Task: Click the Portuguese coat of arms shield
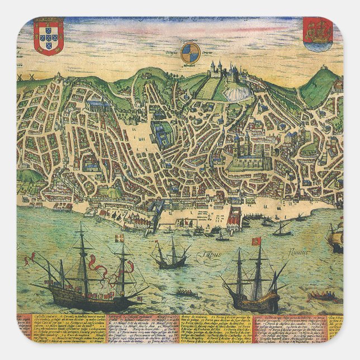point(49,36)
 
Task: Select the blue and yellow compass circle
point(190,53)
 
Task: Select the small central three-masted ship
point(170,254)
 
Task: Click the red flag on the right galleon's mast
point(258,241)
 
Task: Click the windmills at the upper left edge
point(22,75)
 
